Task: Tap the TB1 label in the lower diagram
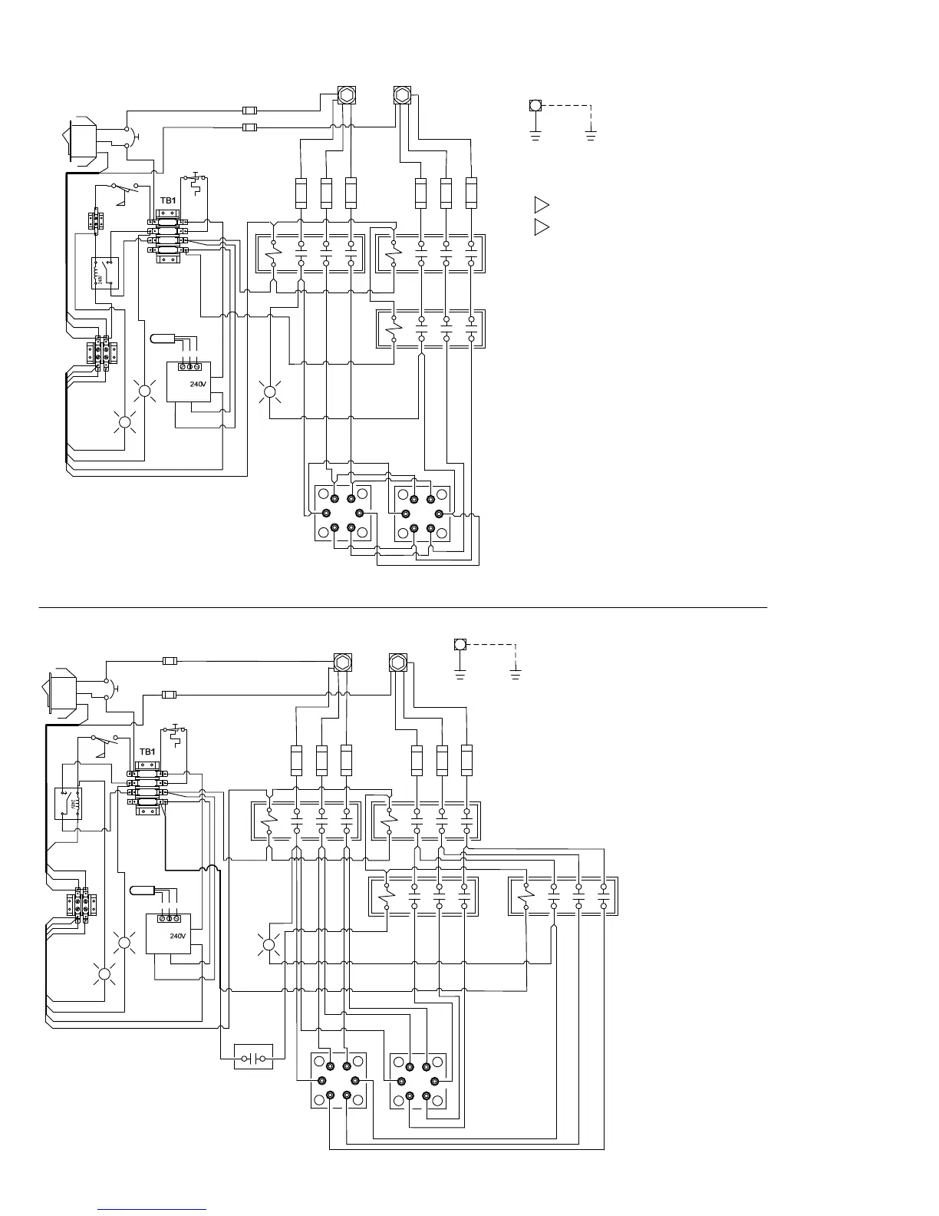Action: point(147,752)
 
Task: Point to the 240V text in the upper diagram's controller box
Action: point(199,383)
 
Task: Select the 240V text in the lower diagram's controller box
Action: point(178,936)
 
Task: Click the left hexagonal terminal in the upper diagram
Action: point(347,95)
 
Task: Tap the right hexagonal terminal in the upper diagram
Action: point(402,95)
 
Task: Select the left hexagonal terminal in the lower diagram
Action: point(342,662)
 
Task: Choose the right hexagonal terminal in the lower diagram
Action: point(397,662)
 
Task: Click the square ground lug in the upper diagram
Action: point(535,105)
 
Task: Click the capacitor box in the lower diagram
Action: point(252,1057)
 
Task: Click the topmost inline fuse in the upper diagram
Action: point(249,111)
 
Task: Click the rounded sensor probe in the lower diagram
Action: point(143,891)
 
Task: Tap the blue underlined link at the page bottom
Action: point(153,1208)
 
